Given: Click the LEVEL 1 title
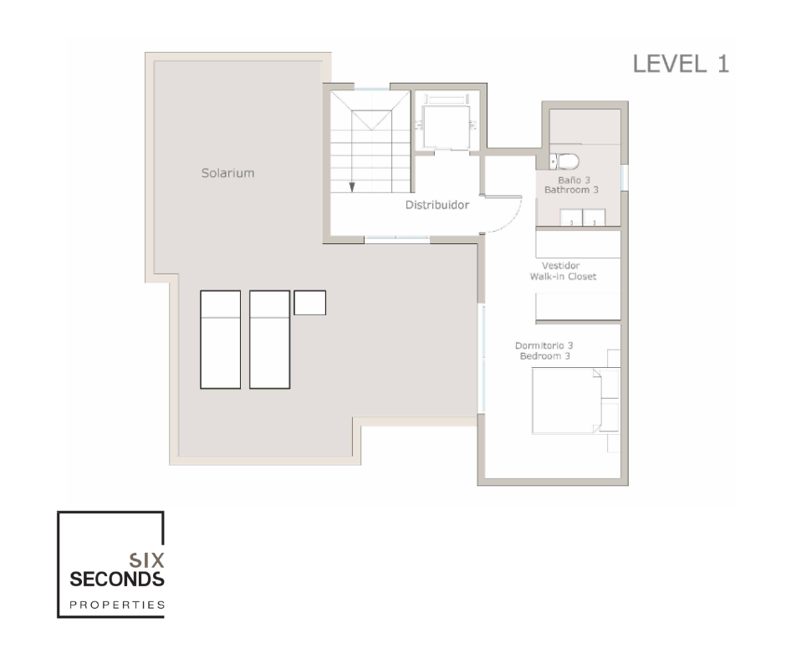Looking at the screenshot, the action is coord(681,64).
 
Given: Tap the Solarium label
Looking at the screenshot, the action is coord(227,173).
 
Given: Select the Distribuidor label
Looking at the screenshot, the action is coord(437,205).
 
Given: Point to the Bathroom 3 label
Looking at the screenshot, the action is coord(571,190).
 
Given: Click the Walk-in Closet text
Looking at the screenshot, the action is coord(563,276).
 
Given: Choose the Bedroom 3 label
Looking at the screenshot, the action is coord(545,356).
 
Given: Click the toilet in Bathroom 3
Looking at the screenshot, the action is coord(564,161).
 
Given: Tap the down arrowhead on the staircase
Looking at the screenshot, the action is coord(352,186).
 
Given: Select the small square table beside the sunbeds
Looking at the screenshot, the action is coord(309,303).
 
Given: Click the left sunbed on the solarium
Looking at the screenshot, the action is coord(221,340).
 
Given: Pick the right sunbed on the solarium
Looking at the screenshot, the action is coord(270,340).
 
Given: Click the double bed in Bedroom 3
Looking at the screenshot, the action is coord(567,401).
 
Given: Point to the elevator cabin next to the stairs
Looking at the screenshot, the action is coord(447,127).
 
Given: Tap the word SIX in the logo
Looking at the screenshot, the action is coord(146,560).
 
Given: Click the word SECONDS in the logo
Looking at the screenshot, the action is coord(117,580).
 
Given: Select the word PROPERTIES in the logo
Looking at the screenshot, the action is coord(117,605).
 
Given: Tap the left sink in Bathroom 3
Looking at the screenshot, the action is coord(571,218).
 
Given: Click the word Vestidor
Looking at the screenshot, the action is coord(560,266).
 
